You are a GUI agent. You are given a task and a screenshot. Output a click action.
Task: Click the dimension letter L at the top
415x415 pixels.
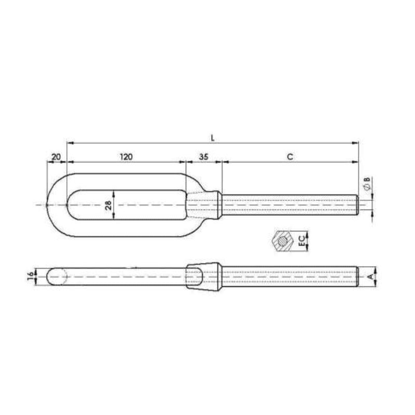213,137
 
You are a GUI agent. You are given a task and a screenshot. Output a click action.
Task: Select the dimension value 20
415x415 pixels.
57,156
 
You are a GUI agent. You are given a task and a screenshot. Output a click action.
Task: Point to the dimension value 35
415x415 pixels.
203,156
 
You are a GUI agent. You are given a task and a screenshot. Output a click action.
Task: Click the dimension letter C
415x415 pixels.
289,156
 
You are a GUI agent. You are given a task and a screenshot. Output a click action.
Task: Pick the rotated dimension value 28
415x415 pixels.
108,204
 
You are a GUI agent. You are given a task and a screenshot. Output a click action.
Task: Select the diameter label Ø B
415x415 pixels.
367,184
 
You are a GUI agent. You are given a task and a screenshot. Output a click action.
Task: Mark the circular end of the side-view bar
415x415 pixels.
58,276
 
